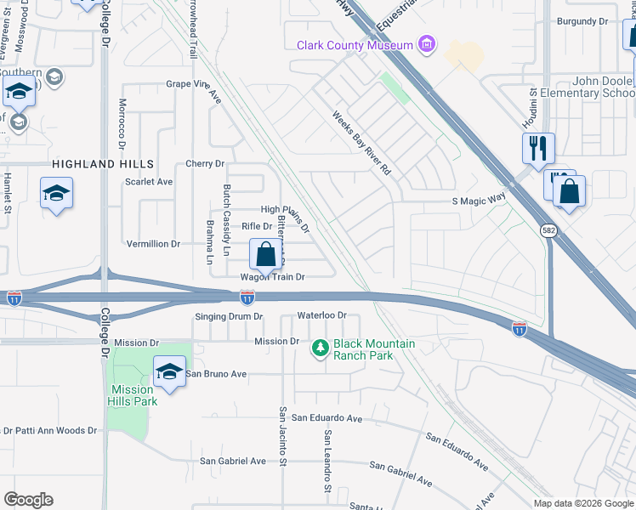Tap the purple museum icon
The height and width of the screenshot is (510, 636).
pyautogui.click(x=428, y=44)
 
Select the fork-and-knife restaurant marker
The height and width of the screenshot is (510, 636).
pyautogui.click(x=538, y=148)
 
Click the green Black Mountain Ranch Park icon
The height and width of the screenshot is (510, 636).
pyautogui.click(x=320, y=348)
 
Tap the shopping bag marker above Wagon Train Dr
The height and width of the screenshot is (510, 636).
pyautogui.click(x=266, y=253)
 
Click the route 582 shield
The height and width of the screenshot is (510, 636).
pyautogui.click(x=549, y=230)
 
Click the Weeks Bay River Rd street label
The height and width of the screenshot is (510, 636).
pyautogui.click(x=361, y=144)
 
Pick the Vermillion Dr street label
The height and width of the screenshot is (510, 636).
pyautogui.click(x=153, y=244)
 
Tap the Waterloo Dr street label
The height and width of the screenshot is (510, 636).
pyautogui.click(x=323, y=315)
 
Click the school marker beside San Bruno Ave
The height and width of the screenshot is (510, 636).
pyautogui.click(x=169, y=371)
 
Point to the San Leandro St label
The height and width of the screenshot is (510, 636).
pyautogui.click(x=326, y=460)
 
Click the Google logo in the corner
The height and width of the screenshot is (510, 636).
pyautogui.click(x=28, y=500)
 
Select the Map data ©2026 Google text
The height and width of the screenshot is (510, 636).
pyautogui.click(x=582, y=502)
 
